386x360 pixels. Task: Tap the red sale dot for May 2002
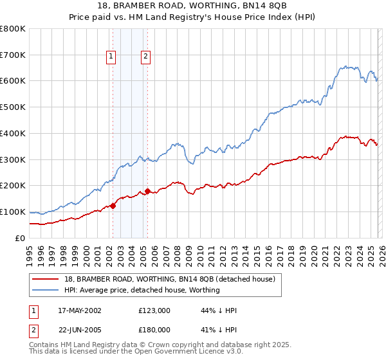click(x=113, y=206)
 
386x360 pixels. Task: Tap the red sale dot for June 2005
click(x=147, y=191)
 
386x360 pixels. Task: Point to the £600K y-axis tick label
click(x=13, y=81)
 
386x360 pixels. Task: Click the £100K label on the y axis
click(x=13, y=212)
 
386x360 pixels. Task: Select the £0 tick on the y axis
click(x=19, y=238)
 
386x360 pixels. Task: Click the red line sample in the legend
click(x=46, y=279)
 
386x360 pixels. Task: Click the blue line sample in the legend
click(x=46, y=290)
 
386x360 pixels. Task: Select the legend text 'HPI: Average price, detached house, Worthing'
click(x=142, y=290)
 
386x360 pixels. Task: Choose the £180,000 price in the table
click(x=154, y=331)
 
